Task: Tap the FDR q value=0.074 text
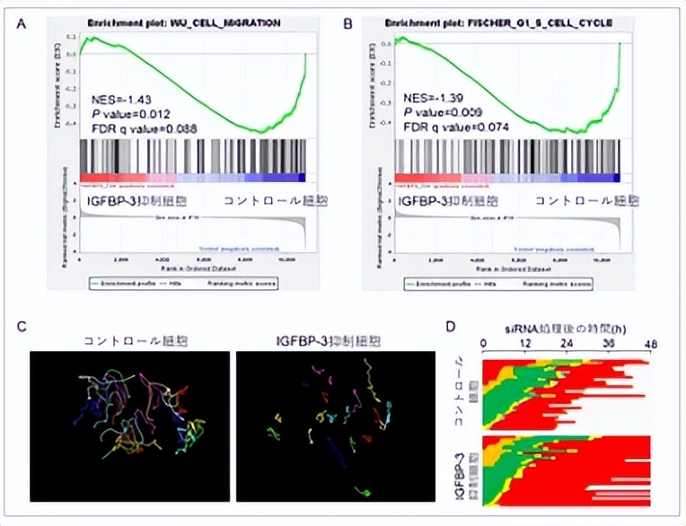point(454,129)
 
